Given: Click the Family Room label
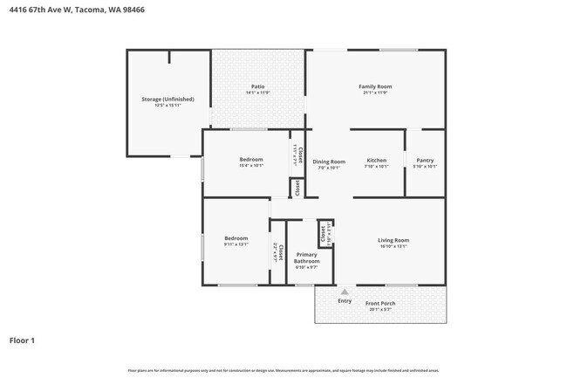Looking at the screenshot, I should [x=375, y=86].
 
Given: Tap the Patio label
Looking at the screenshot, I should [x=258, y=86].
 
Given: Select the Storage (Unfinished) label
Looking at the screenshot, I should [x=168, y=100].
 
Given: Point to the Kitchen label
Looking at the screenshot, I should [x=376, y=161].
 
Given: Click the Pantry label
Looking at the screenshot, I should [x=425, y=161].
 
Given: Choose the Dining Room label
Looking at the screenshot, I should [x=329, y=162].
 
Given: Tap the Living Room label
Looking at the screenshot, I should [x=393, y=240].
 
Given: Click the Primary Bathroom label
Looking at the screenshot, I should [x=307, y=258].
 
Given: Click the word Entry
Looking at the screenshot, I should [x=345, y=301].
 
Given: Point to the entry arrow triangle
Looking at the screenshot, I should [x=345, y=292].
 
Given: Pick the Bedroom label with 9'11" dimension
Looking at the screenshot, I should [x=236, y=238].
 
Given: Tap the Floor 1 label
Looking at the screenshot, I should [x=22, y=340].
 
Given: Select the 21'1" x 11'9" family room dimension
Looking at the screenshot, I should [x=375, y=93].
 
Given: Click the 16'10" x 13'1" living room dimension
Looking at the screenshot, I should [x=393, y=246].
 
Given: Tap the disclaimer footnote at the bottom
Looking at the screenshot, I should [x=283, y=370].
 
